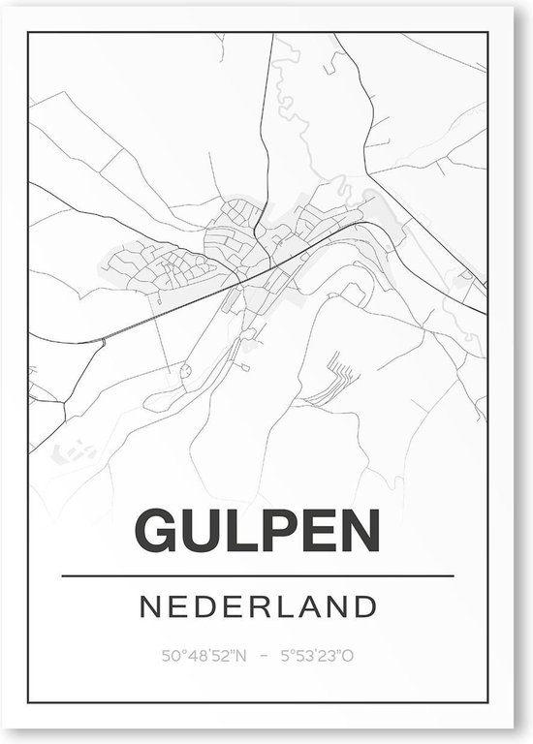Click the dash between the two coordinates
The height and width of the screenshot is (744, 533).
(262, 656)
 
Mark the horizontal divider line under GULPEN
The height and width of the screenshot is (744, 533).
(257, 576)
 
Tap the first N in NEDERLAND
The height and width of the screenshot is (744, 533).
(152, 607)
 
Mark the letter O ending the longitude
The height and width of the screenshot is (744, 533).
(348, 656)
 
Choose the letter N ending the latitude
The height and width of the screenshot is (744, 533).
(241, 656)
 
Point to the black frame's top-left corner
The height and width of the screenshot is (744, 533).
(29, 33)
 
